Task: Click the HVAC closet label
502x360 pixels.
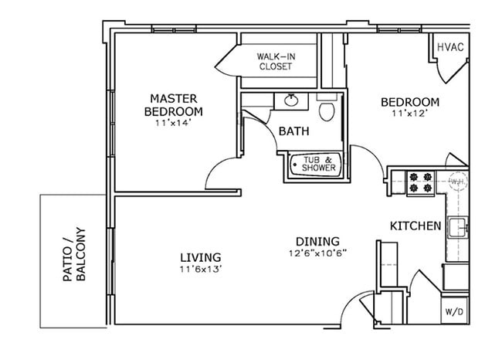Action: tap(449, 47)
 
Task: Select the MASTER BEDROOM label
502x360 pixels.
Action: tap(175, 105)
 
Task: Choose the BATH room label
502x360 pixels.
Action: tap(293, 131)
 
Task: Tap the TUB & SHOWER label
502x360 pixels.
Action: tap(317, 164)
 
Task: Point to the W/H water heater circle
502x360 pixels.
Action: tap(456, 182)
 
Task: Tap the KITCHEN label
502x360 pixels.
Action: tap(415, 226)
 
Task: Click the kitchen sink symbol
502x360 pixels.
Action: tap(458, 228)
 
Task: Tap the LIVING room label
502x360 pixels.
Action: tap(201, 257)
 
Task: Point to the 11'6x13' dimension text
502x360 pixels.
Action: tap(201, 269)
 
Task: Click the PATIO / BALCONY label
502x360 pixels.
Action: tap(73, 256)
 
